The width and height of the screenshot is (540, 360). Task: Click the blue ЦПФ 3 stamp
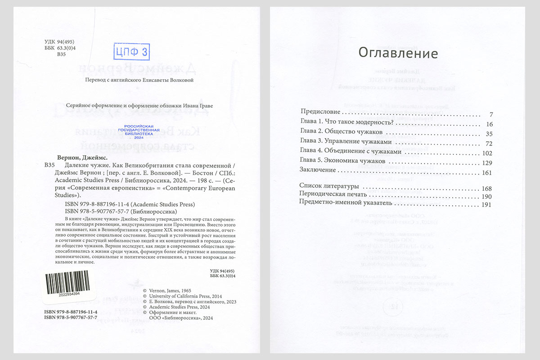point(130,52)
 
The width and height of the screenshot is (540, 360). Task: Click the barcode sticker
point(69,287)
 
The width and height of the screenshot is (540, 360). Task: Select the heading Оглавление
point(398,53)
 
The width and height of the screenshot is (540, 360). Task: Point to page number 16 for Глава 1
point(490,124)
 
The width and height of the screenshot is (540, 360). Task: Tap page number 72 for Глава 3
point(490,144)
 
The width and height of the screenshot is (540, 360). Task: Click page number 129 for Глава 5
point(488,162)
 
